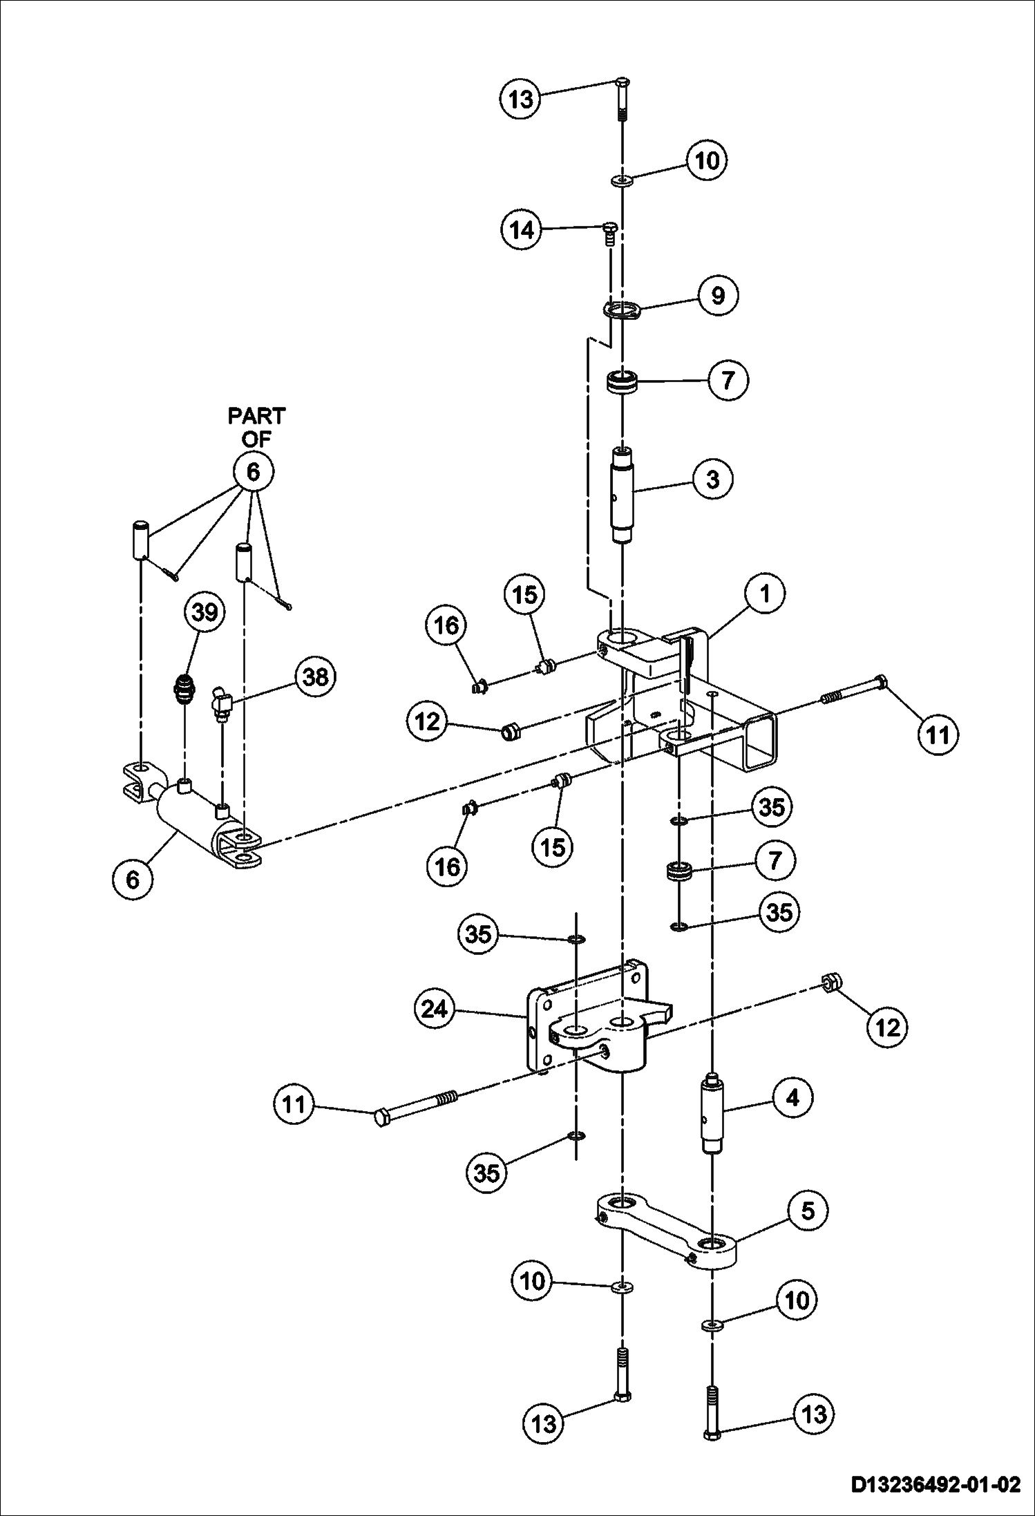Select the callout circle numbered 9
(718, 295)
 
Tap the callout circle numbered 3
(712, 479)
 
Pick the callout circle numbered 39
(205, 612)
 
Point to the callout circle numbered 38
(316, 676)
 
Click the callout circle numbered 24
(435, 1010)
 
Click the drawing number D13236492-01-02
(935, 1484)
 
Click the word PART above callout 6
(256, 416)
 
